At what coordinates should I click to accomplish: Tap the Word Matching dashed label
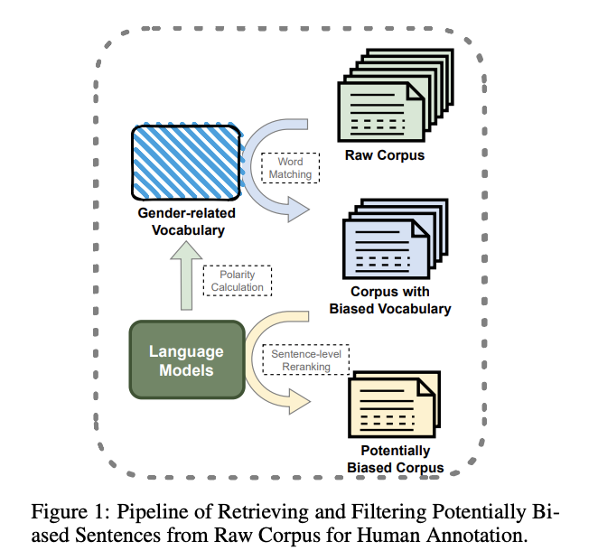291,167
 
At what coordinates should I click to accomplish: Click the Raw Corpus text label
384,155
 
